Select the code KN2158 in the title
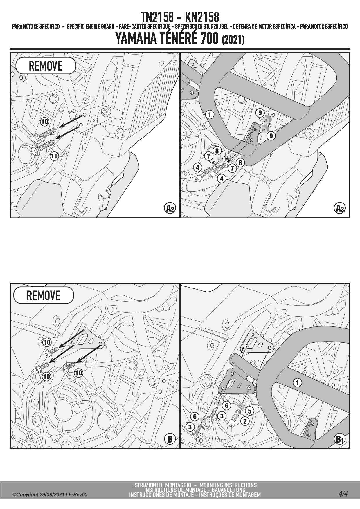click(x=202, y=17)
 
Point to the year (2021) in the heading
click(x=233, y=40)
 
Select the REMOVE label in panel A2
click(x=46, y=66)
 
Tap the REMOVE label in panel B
click(x=43, y=295)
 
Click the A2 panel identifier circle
click(x=170, y=208)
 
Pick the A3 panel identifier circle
click(x=340, y=208)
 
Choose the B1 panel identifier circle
click(x=339, y=439)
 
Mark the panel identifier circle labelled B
click(x=170, y=439)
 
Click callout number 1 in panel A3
click(x=210, y=114)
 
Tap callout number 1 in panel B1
click(x=297, y=383)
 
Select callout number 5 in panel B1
click(x=249, y=411)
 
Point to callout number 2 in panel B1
click(x=245, y=421)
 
